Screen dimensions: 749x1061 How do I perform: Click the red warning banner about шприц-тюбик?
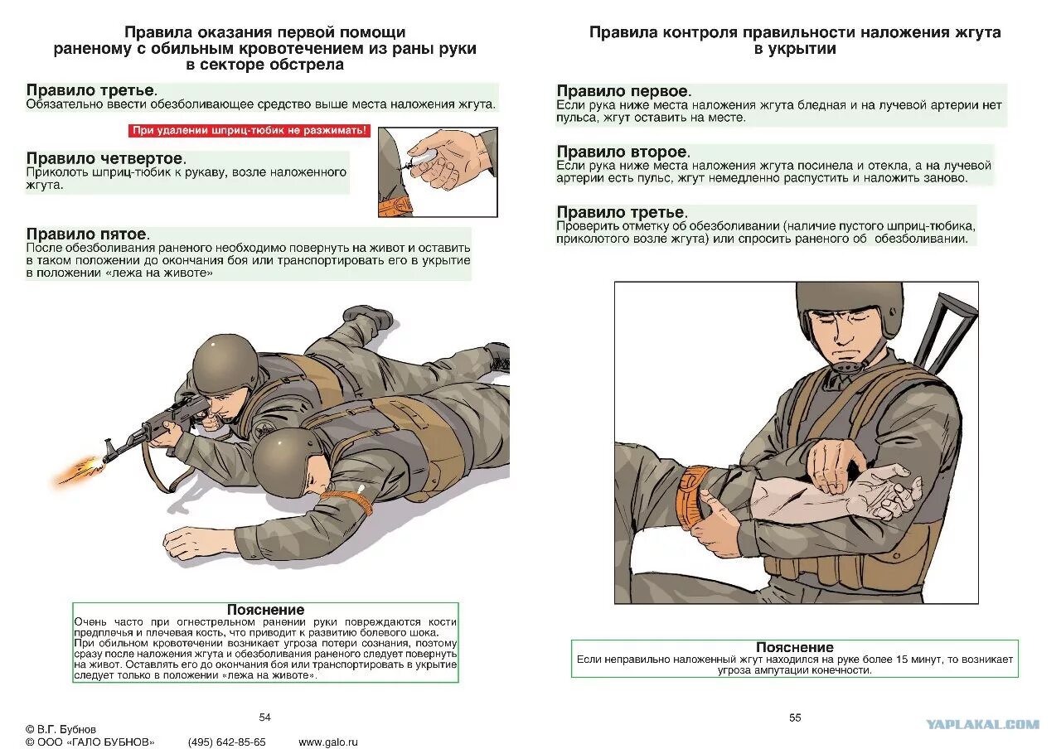click(250, 131)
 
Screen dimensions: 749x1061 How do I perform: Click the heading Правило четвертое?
click(105, 158)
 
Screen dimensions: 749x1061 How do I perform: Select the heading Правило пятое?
click(86, 234)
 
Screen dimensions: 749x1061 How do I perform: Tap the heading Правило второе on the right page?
click(622, 152)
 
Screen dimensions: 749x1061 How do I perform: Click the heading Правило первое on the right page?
click(623, 91)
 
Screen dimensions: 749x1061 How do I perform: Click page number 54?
click(265, 718)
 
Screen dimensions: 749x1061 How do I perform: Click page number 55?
click(795, 718)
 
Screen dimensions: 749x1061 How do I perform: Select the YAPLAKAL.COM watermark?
click(982, 724)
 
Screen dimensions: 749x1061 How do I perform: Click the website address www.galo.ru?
click(327, 742)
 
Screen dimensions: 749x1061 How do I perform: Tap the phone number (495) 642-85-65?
click(226, 742)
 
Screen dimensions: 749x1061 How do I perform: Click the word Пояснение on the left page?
click(265, 610)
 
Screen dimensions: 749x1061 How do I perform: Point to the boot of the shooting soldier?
click(368, 316)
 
